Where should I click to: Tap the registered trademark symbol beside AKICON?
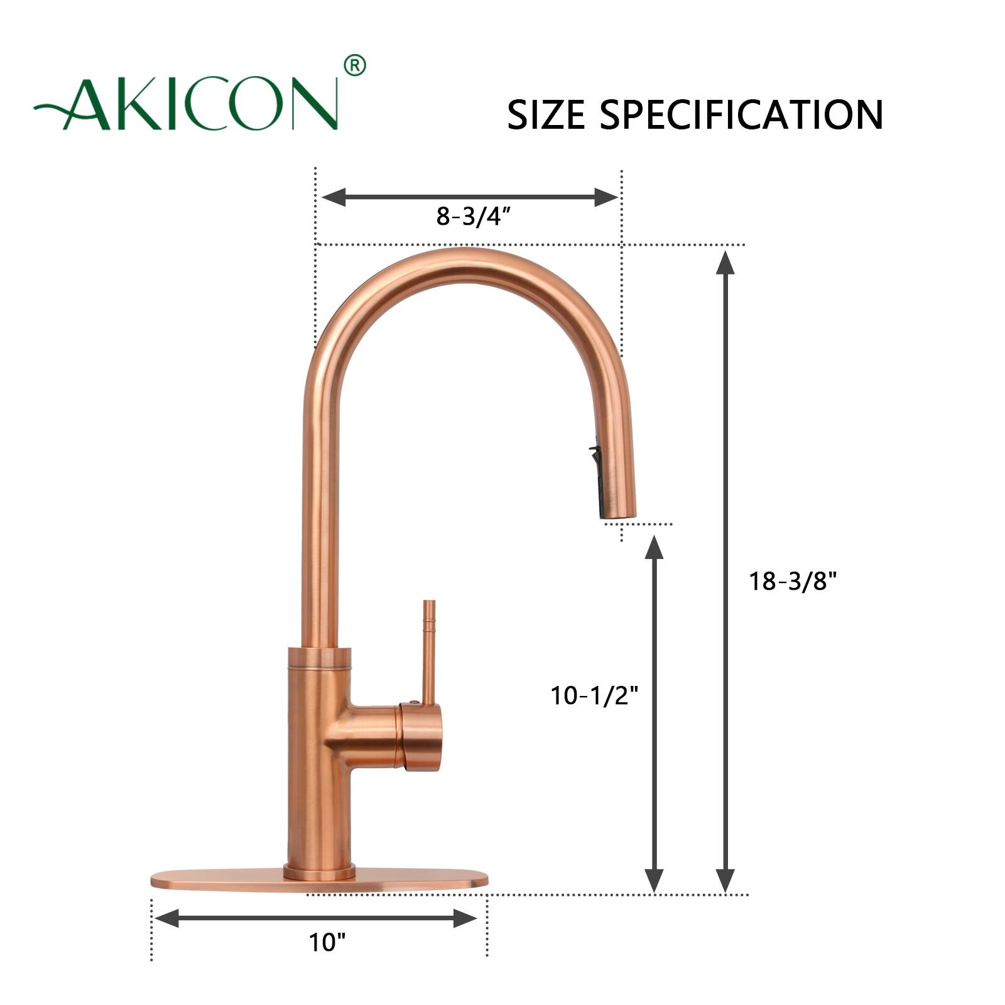[x=355, y=65]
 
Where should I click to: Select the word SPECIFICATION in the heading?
[x=741, y=114]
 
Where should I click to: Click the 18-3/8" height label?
[x=793, y=582]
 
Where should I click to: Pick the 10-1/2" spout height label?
[x=594, y=695]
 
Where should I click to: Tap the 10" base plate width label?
[x=327, y=942]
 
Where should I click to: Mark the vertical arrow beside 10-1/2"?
[x=655, y=714]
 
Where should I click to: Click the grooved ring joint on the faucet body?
[x=319, y=658]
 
